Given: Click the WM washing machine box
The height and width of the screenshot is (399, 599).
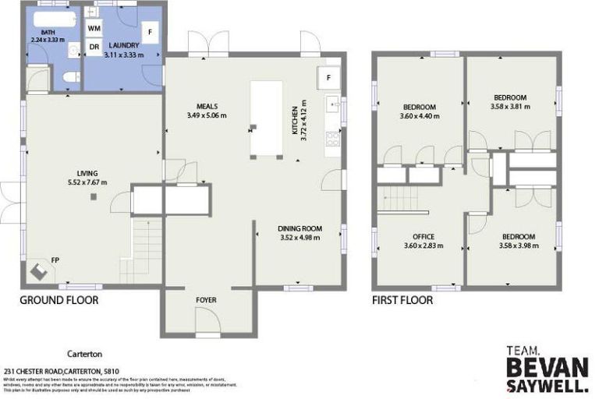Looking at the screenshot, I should (94, 28).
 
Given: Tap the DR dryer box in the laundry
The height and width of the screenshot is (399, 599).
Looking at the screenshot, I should (94, 48).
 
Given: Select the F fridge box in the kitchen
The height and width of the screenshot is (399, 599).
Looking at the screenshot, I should (328, 77).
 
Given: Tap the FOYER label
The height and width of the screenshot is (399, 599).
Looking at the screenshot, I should (207, 300).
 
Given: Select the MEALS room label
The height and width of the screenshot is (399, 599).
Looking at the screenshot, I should (207, 107).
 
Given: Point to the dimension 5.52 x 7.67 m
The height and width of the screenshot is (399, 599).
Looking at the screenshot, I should (87, 182).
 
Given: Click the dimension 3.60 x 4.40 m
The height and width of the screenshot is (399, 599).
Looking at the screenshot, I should (420, 116).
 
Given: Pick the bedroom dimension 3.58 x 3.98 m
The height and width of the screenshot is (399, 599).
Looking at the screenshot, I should (519, 245).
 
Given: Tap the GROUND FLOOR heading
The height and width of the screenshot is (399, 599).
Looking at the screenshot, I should (58, 300).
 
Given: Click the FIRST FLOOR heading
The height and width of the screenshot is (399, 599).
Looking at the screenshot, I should (402, 300).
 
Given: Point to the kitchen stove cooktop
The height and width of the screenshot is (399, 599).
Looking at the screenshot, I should (332, 139).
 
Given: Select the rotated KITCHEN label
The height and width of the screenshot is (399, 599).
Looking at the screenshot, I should (295, 121).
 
